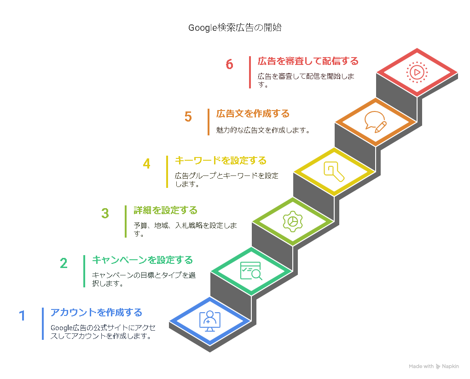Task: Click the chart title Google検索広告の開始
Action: tap(235, 28)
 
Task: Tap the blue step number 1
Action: tap(22, 316)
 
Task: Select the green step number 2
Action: tap(64, 263)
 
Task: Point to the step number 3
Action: tap(105, 214)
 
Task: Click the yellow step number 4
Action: tap(146, 164)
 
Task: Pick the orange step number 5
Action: tap(188, 117)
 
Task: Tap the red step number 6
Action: tap(229, 64)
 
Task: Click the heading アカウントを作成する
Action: tap(96, 312)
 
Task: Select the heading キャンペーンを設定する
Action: tap(142, 260)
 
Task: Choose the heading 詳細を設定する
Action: tap(165, 210)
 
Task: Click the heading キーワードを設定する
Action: tap(220, 160)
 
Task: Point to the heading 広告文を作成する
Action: tap(253, 114)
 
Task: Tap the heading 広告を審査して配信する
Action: tap(308, 61)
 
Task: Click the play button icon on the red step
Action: tap(417, 72)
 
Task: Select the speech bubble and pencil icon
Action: tap(376, 122)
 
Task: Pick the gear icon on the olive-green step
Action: tap(293, 222)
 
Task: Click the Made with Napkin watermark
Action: tap(434, 366)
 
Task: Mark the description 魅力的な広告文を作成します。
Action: tap(263, 130)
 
